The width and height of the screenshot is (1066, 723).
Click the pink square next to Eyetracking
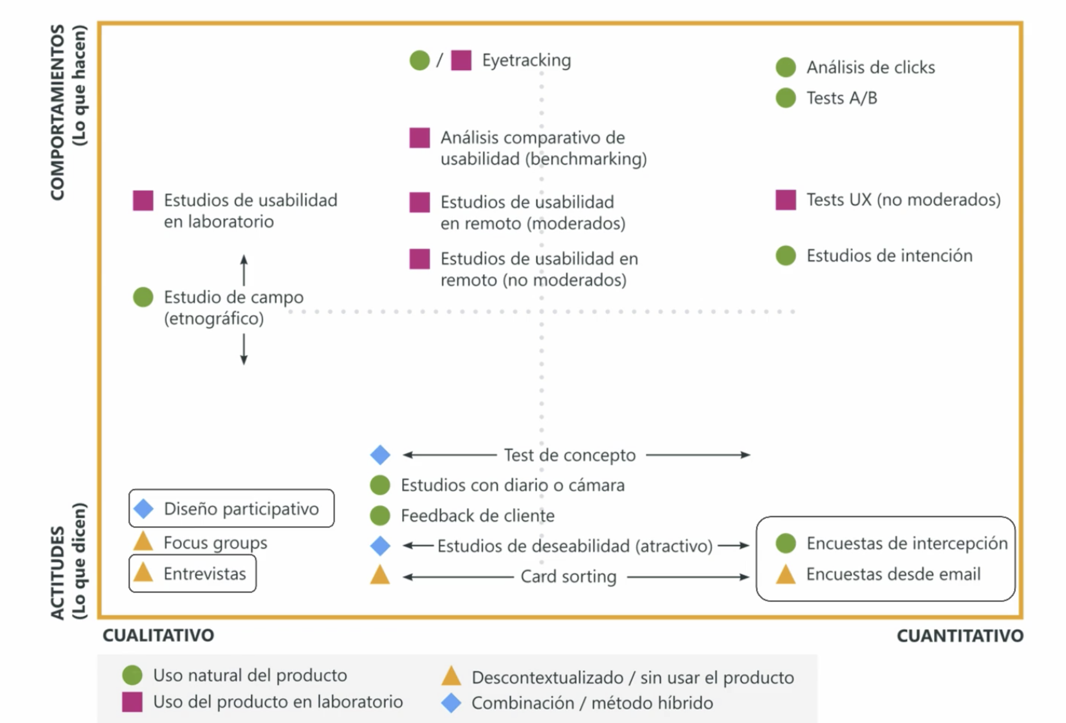461,60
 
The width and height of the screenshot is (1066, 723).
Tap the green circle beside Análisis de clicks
785,67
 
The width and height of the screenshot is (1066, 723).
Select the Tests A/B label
842,98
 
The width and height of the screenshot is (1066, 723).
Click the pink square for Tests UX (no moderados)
785,200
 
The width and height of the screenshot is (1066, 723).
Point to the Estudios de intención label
889,256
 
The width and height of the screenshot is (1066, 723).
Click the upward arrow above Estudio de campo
243,270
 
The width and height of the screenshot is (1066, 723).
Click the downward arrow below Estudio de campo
243,349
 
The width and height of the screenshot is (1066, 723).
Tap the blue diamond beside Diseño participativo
144,509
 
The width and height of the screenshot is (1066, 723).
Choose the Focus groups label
215,543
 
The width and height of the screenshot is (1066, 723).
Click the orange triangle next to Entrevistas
143,572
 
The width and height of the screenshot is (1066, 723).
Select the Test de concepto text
569,455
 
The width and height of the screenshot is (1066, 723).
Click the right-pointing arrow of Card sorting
688,577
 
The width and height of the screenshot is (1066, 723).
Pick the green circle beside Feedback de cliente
380,515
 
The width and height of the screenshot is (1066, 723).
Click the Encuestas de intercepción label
907,543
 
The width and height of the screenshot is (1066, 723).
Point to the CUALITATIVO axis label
158,635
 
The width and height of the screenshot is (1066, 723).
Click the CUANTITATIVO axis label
960,635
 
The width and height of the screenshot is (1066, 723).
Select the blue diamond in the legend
451,702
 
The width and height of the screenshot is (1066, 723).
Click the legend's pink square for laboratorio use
132,702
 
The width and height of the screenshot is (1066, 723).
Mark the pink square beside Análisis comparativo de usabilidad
420,138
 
